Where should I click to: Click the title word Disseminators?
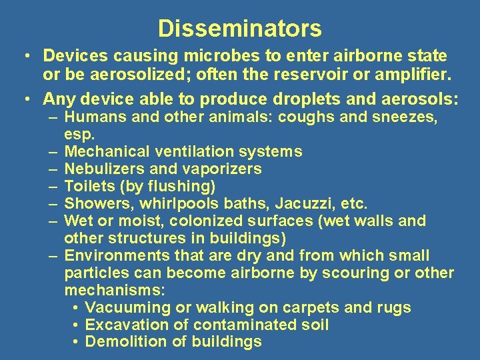pyautogui.click(x=240, y=29)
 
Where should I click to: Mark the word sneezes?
pyautogui.click(x=405, y=118)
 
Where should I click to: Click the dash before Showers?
pyautogui.click(x=53, y=203)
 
